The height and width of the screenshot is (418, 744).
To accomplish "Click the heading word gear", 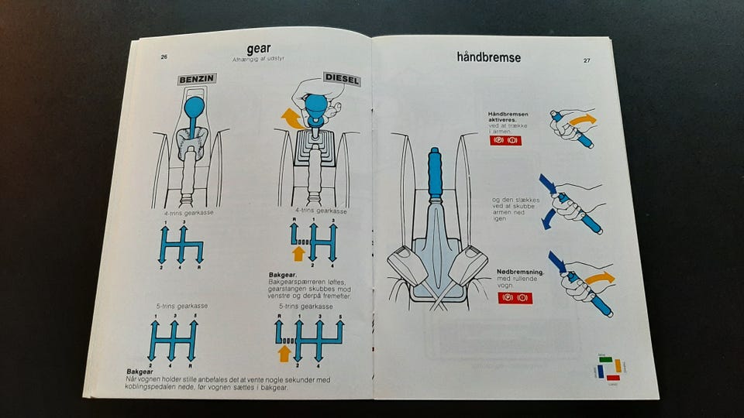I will point(259,49).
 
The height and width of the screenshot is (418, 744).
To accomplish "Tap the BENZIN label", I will point(198,80).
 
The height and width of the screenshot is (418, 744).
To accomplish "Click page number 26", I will point(164,57).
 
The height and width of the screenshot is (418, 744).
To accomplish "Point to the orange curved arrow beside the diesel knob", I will point(291,118).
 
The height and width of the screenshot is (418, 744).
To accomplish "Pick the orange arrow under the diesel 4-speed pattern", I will point(298,253).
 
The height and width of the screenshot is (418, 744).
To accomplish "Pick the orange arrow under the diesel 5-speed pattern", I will point(284,352).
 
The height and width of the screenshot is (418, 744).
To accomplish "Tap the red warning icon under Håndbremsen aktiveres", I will point(505,141).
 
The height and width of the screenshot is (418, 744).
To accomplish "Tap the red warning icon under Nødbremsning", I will point(515,297).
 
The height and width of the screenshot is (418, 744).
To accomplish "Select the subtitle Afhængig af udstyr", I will point(258,60).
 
